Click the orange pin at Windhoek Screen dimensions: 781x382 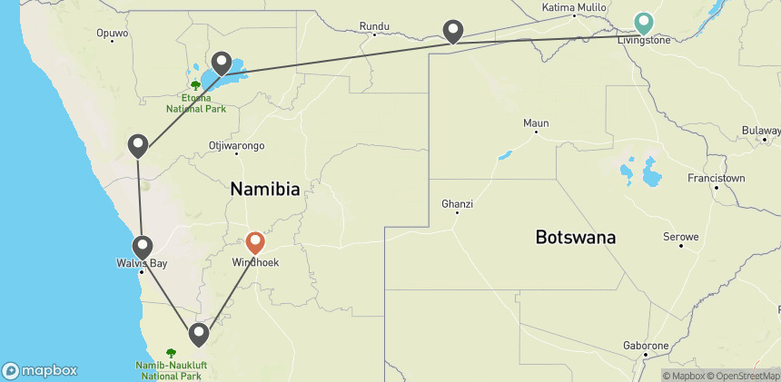pyautogui.click(x=255, y=242)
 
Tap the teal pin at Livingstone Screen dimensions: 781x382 pyautogui.click(x=644, y=21)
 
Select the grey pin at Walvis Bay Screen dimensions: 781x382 pyautogui.click(x=143, y=246)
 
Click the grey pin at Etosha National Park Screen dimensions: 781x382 pyautogui.click(x=221, y=63)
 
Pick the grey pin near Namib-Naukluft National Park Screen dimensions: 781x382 pyautogui.click(x=199, y=335)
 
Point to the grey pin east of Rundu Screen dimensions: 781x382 pyautogui.click(x=453, y=31)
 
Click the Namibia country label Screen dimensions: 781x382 pyautogui.click(x=265, y=190)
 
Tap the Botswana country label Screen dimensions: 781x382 pyautogui.click(x=576, y=238)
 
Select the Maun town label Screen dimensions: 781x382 pyautogui.click(x=536, y=122)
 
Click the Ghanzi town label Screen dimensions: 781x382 pyautogui.click(x=457, y=202)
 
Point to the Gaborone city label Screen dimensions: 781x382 pyautogui.click(x=646, y=346)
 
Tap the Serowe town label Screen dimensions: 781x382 pyautogui.click(x=681, y=237)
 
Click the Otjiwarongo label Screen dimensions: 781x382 pyautogui.click(x=236, y=145)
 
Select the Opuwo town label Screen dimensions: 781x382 pyautogui.click(x=112, y=34)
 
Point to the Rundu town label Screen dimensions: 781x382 pyautogui.click(x=374, y=25)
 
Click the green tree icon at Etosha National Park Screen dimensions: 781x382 pyautogui.click(x=195, y=84)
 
